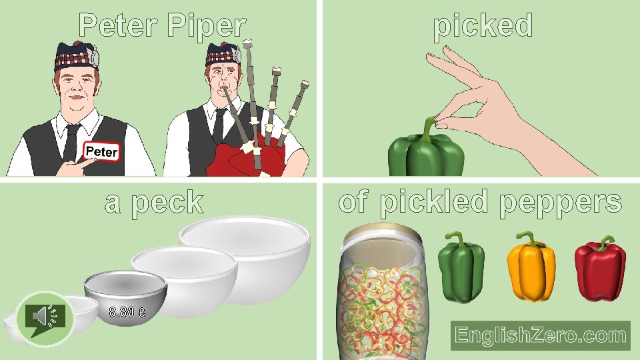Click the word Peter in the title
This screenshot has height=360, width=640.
pos(120,26)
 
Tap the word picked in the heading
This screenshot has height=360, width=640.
pos(483,26)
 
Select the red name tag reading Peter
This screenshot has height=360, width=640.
pos(101,152)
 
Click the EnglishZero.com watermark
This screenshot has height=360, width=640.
pos(541,335)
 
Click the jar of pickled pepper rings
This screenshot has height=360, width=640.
pos(379,293)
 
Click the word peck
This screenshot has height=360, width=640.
pos(167,203)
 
